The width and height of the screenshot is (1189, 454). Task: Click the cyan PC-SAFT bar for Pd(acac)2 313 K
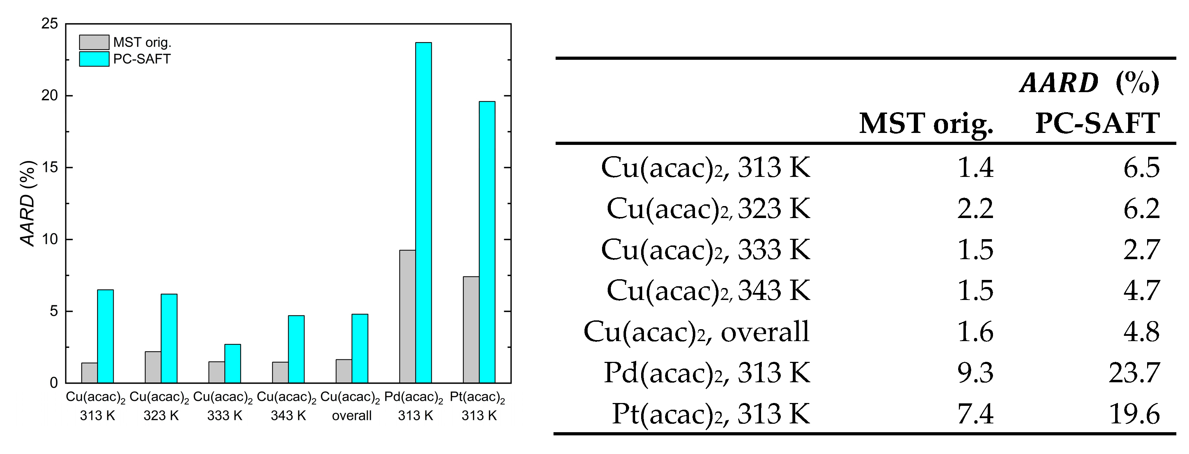[423, 212]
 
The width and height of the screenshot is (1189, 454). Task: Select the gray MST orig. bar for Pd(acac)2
[407, 316]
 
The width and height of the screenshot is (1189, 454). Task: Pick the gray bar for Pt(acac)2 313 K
[471, 330]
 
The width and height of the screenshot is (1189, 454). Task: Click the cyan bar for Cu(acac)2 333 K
[233, 364]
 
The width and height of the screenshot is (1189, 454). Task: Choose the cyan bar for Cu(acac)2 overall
[360, 349]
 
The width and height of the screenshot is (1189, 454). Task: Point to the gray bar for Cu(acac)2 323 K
[153, 367]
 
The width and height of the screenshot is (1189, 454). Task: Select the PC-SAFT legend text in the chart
[142, 59]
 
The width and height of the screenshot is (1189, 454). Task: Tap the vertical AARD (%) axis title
[28, 203]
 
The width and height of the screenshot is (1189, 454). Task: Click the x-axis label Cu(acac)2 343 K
[287, 406]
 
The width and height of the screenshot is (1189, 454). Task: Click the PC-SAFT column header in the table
[1097, 124]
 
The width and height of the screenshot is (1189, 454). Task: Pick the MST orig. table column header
[926, 124]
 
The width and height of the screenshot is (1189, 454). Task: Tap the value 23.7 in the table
[1134, 373]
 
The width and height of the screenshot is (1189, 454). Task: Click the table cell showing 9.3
[975, 373]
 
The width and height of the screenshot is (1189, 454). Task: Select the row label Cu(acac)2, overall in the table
[696, 332]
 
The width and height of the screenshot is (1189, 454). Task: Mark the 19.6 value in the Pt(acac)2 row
[1134, 414]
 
